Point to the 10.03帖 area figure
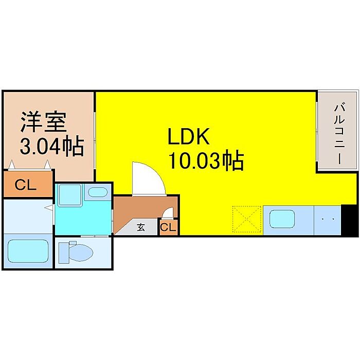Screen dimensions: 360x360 pos(205,161)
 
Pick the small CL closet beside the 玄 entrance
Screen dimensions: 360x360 pos(168,226)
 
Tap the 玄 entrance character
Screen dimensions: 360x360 pos(140,226)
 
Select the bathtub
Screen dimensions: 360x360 pos(28,251)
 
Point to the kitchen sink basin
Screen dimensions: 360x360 pos(281,220)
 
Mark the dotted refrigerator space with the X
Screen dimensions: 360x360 pos(246,220)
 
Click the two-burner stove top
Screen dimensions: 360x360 pos(328,220)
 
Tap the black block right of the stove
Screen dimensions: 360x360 pos(348,220)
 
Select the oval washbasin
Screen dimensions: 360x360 pos(96,193)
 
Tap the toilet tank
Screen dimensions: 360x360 pos(63,252)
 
